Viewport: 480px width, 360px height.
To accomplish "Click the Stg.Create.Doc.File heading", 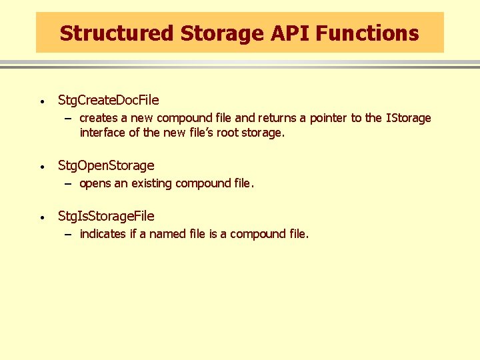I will pyautogui.click(x=109, y=101).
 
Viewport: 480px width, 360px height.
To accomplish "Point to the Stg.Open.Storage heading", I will pyautogui.click(x=106, y=165).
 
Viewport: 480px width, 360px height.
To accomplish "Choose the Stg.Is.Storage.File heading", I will pyautogui.click(x=106, y=216).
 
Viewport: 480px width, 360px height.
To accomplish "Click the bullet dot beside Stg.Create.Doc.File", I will pyautogui.click(x=41, y=102).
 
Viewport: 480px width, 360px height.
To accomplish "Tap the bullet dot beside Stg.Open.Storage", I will pyautogui.click(x=41, y=167).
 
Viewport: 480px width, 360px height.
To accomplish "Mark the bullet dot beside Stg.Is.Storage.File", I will pyautogui.click(x=41, y=217).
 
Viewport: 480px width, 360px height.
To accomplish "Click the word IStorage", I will pyautogui.click(x=408, y=118).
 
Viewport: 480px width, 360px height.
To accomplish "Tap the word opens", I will pyautogui.click(x=95, y=183).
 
